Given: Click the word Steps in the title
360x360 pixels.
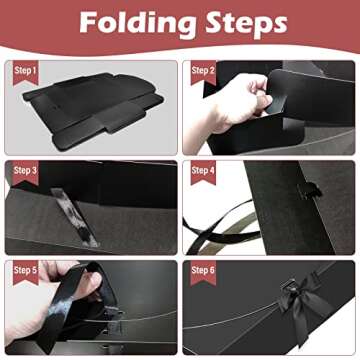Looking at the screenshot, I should [241, 23].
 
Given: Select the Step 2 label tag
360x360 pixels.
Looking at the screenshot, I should [204, 70].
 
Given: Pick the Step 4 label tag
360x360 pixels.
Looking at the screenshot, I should [204, 170].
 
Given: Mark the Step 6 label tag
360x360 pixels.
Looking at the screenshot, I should [204, 270].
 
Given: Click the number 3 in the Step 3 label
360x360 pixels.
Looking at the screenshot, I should [35, 170].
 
